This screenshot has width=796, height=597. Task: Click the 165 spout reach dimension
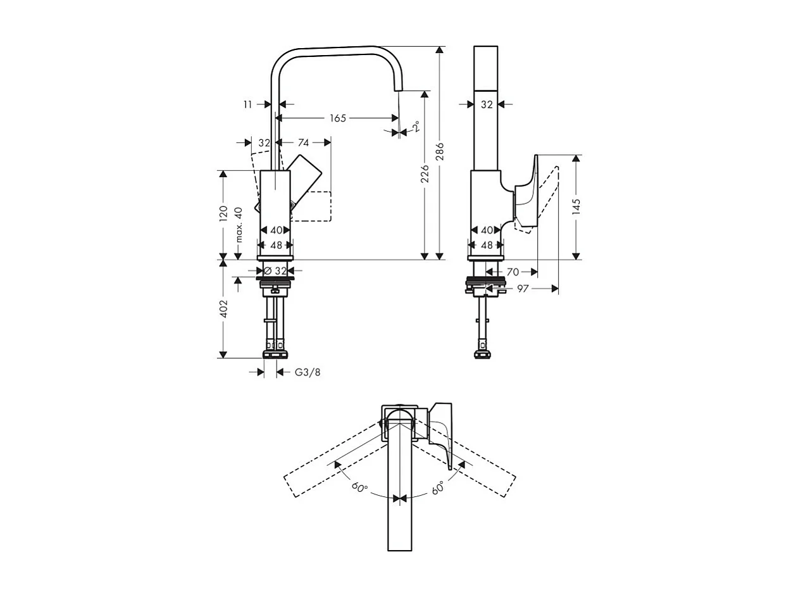(x=338, y=118)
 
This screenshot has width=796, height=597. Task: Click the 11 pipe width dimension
(x=247, y=104)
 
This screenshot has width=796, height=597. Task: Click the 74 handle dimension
(x=303, y=143)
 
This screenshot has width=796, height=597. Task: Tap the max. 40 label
(x=239, y=225)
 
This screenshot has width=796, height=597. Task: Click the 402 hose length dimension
(x=223, y=309)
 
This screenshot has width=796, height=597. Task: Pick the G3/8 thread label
(x=308, y=372)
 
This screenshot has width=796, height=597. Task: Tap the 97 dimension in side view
(x=523, y=289)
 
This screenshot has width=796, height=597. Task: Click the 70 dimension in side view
(x=513, y=272)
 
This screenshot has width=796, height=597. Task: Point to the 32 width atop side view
(x=486, y=105)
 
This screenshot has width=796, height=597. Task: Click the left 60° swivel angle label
(x=359, y=487)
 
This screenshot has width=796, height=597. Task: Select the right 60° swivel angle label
(x=438, y=487)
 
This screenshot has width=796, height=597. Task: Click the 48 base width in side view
(x=486, y=245)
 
